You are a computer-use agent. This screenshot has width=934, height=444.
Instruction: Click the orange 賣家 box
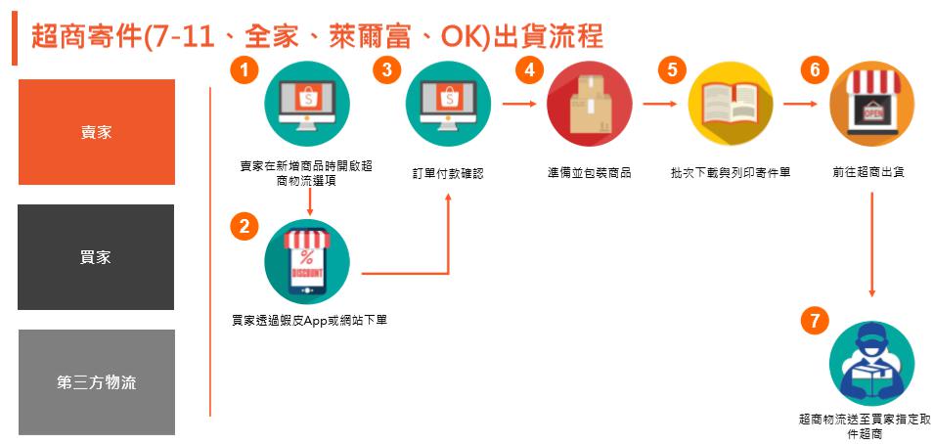click(96, 132)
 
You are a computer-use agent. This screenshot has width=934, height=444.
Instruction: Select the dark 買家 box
click(96, 257)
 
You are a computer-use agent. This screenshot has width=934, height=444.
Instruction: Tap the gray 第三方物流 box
click(96, 382)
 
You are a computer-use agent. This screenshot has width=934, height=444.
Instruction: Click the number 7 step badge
click(813, 320)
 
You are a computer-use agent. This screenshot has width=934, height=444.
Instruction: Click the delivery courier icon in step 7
click(870, 364)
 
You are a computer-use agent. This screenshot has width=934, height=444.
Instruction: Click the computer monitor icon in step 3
click(448, 104)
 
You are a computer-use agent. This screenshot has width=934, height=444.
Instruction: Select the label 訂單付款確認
click(448, 173)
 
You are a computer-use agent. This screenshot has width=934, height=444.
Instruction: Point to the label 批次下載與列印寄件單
click(731, 173)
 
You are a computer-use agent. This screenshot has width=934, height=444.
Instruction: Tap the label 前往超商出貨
click(869, 173)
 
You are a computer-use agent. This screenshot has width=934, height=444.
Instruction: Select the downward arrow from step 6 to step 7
click(870, 244)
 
